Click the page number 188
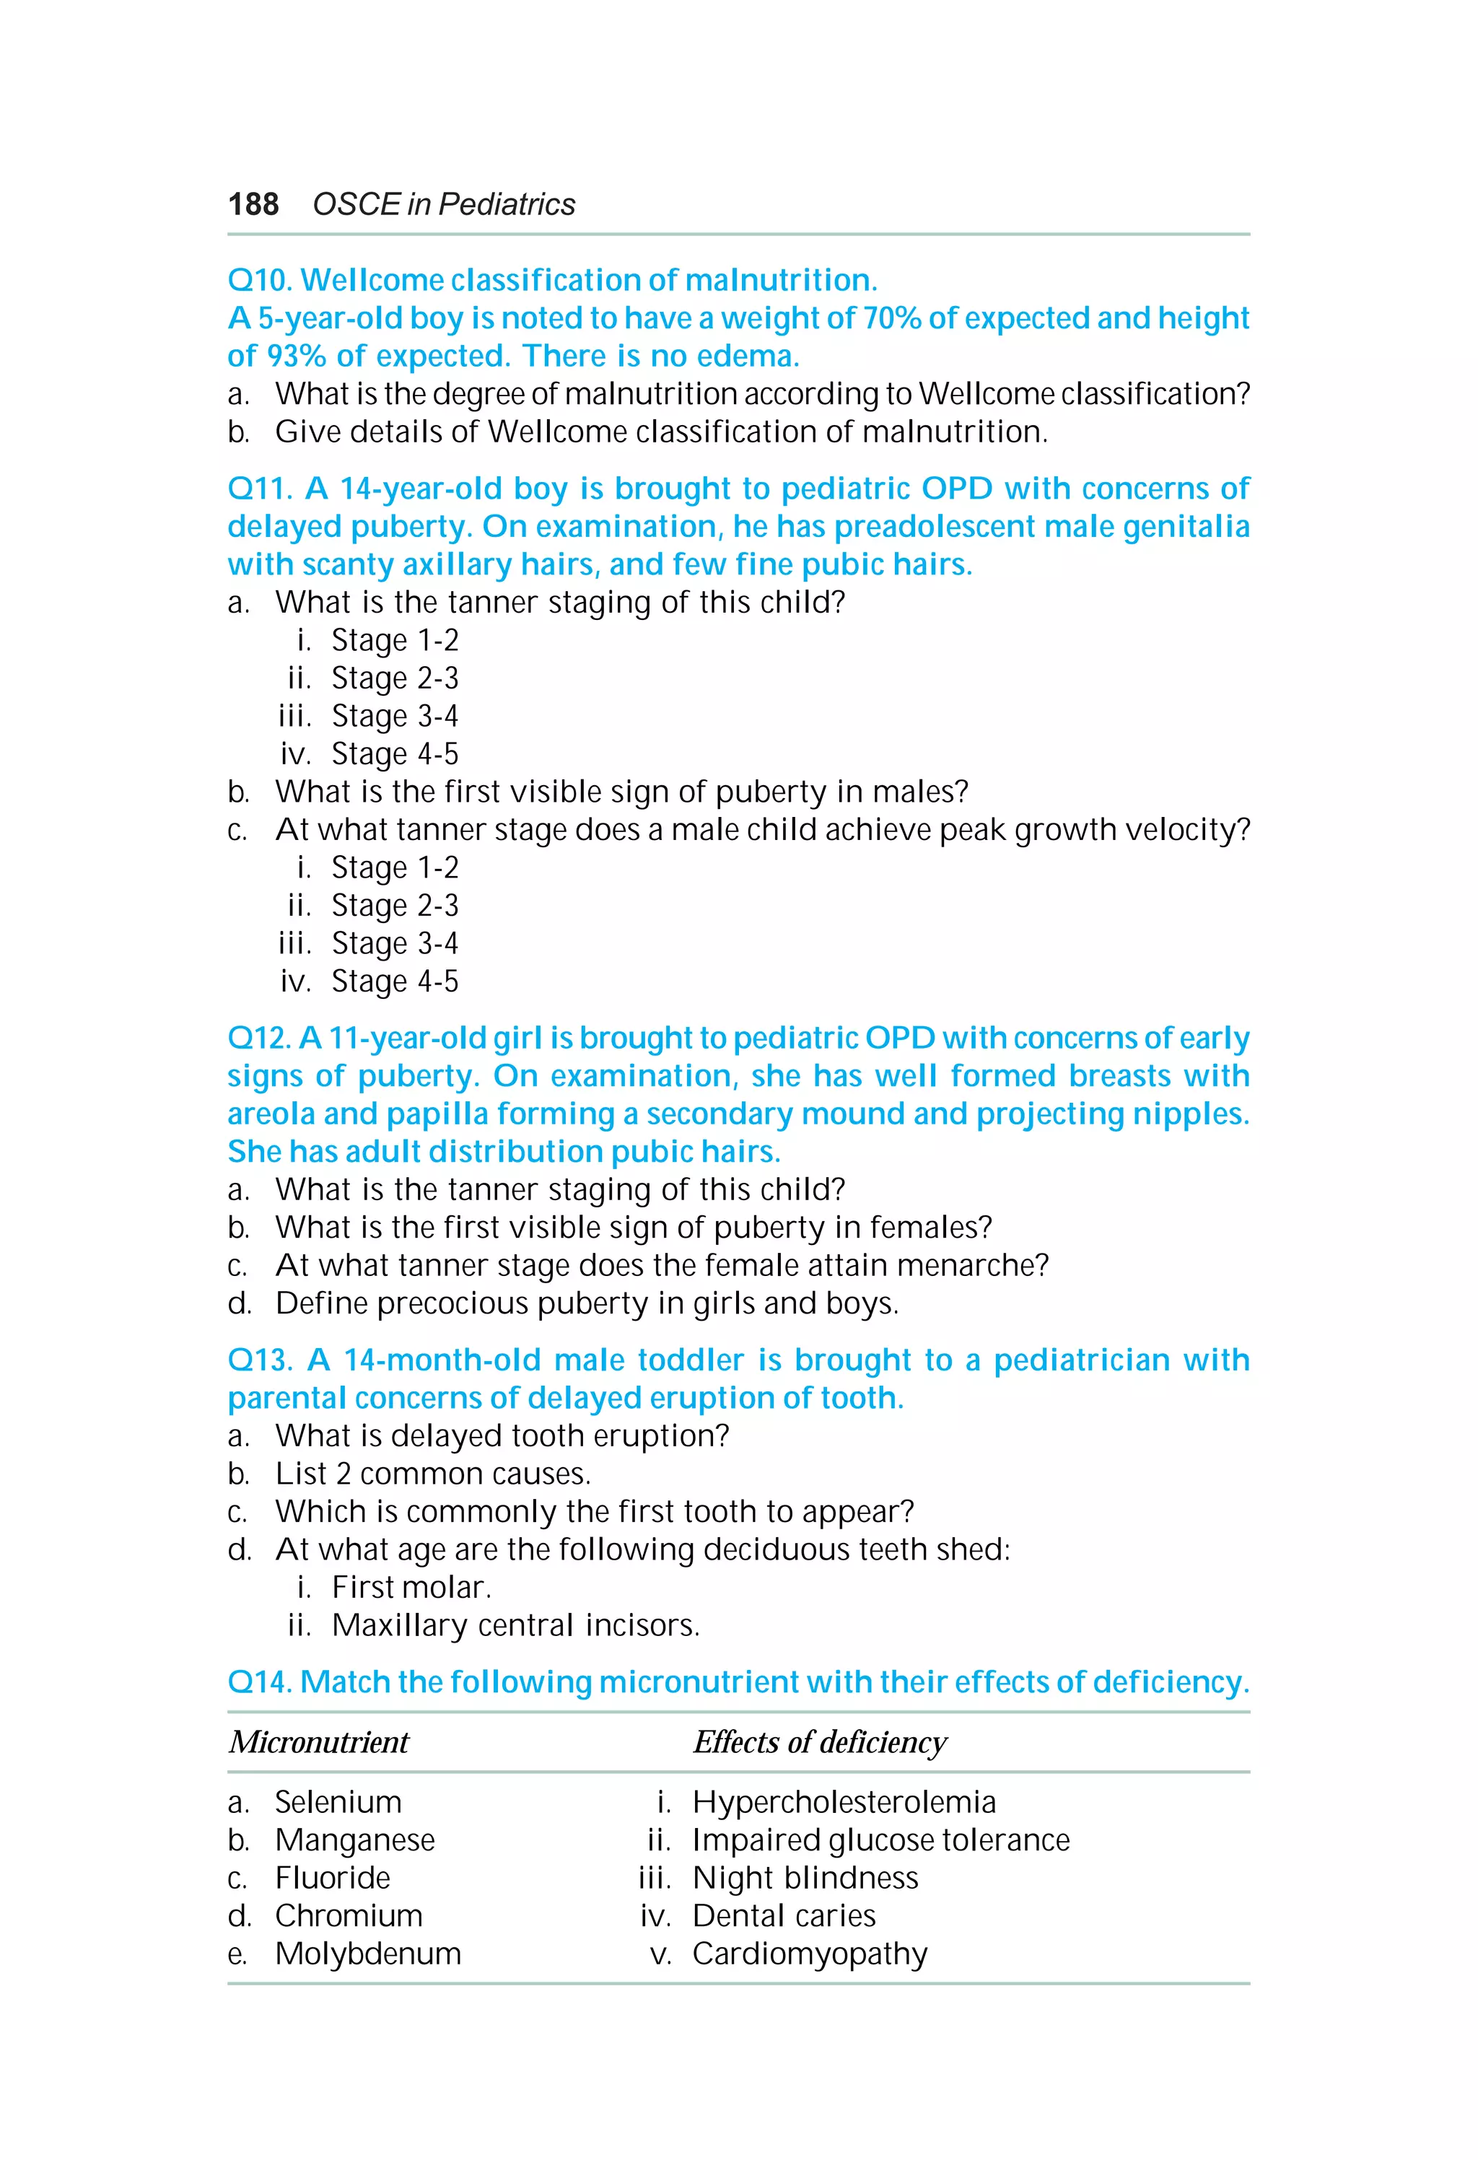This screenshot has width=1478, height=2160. [x=253, y=204]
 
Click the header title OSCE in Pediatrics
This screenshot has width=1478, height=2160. [x=443, y=204]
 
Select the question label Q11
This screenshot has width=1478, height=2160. [x=259, y=488]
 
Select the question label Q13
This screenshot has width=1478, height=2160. [x=259, y=1360]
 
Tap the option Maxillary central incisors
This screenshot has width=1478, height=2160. [x=515, y=1625]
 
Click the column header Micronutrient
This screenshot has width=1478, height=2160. [x=319, y=1741]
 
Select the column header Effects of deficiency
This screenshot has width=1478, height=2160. [x=819, y=1741]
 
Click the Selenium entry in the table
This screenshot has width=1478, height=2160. [x=338, y=1801]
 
